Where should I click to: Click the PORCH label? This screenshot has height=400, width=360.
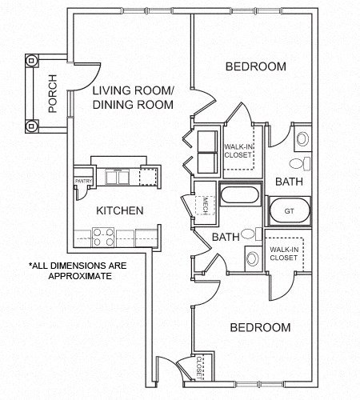pyautogui.click(x=53, y=94)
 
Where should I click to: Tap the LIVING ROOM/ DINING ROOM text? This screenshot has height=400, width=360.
pyautogui.click(x=133, y=98)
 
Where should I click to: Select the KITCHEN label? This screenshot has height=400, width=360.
pyautogui.click(x=120, y=211)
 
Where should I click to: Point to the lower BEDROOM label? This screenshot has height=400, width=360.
pyautogui.click(x=260, y=328)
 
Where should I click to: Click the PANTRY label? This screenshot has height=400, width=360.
pyautogui.click(x=83, y=182)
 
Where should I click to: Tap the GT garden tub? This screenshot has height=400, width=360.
pyautogui.click(x=288, y=212)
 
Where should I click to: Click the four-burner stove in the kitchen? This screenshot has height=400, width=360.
pyautogui.click(x=102, y=237)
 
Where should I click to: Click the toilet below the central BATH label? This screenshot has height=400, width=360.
pyautogui.click(x=251, y=258)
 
